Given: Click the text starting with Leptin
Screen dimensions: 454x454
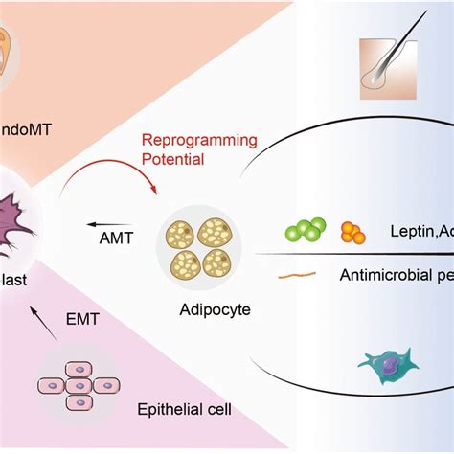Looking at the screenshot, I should (421, 232).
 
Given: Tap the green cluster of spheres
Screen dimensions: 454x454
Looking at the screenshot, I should (306, 232).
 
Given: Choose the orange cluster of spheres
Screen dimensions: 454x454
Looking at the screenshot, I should (352, 233).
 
